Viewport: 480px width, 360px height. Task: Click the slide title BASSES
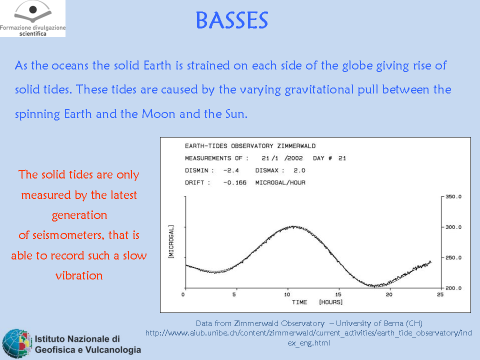point(231,20)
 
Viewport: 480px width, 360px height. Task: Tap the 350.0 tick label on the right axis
point(453,196)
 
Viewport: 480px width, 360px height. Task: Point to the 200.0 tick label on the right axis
point(453,288)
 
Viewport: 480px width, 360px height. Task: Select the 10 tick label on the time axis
point(287,294)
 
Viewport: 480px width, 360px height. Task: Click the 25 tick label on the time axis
point(440,294)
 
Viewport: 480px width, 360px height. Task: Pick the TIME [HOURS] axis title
point(317,302)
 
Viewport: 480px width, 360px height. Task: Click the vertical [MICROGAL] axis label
point(171,242)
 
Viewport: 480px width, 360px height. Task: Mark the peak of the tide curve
point(293,226)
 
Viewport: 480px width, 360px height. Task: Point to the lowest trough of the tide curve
point(374,286)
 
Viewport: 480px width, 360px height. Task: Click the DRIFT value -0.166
point(235,183)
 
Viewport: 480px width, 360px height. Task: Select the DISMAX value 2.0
point(299,170)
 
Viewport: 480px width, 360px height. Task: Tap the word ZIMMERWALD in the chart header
point(296,146)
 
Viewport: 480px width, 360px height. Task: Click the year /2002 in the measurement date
point(293,158)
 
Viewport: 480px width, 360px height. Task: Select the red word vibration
point(79,275)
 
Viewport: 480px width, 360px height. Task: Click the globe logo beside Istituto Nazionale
point(17,343)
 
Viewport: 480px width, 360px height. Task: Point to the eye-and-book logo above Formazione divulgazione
point(33,11)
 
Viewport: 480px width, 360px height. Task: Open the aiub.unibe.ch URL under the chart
point(308,337)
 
